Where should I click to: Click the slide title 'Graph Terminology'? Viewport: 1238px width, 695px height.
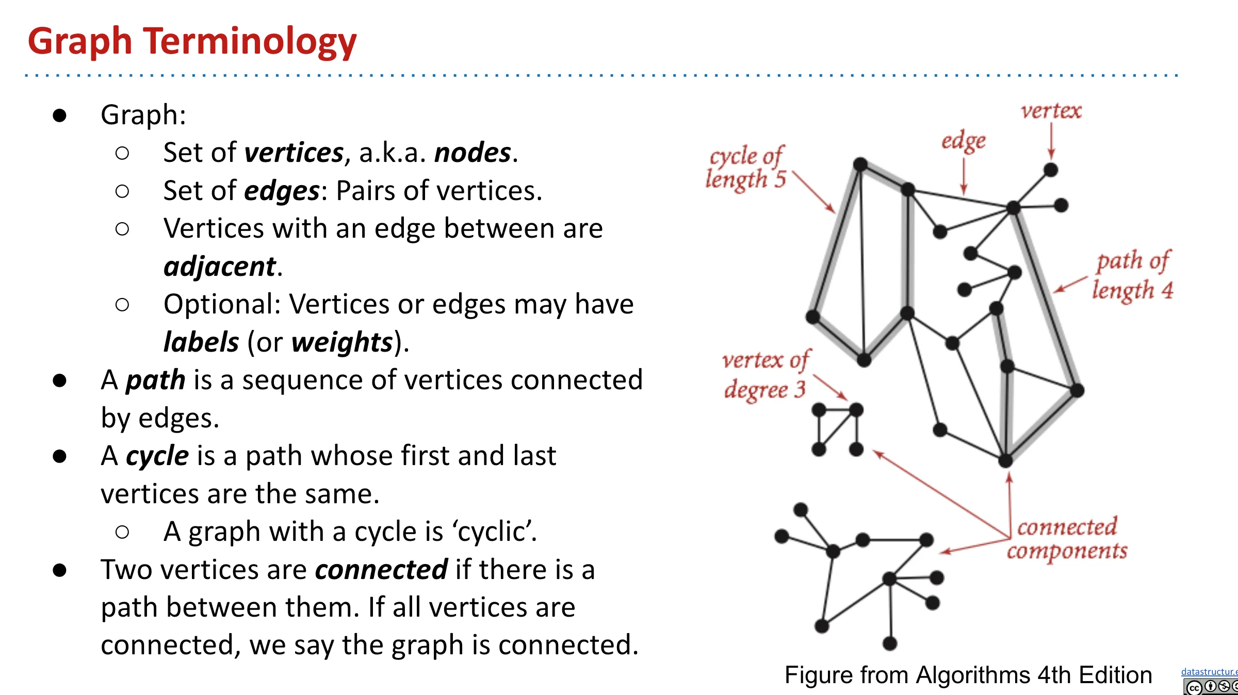(x=192, y=42)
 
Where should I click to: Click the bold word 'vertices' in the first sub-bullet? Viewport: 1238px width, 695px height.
(x=294, y=153)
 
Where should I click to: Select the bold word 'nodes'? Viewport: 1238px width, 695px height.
(x=473, y=153)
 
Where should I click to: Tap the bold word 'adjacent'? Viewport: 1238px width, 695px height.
(x=220, y=267)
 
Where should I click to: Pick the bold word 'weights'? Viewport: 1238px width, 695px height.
(x=342, y=342)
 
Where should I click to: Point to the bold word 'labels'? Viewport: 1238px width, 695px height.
(x=201, y=342)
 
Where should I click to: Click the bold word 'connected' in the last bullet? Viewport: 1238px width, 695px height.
(x=381, y=570)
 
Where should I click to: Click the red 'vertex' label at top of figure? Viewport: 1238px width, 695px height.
(x=1051, y=111)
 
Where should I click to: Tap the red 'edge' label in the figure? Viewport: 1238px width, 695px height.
(x=964, y=141)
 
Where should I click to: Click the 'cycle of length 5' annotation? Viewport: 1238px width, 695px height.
(x=746, y=168)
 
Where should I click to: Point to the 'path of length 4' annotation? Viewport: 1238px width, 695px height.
(x=1133, y=276)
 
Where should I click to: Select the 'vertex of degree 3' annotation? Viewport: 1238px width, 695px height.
(x=766, y=375)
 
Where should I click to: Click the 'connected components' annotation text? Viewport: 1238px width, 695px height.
(x=1067, y=539)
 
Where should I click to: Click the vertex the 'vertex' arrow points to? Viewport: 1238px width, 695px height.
(x=1051, y=170)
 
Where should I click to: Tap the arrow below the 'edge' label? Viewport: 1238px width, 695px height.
(x=964, y=176)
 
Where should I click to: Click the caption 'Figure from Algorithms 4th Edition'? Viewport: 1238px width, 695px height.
(x=968, y=675)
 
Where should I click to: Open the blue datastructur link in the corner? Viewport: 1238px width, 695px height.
(x=1209, y=671)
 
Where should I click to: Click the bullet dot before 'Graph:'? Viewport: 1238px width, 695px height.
(x=60, y=115)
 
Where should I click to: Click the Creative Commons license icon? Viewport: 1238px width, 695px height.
(x=1210, y=687)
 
